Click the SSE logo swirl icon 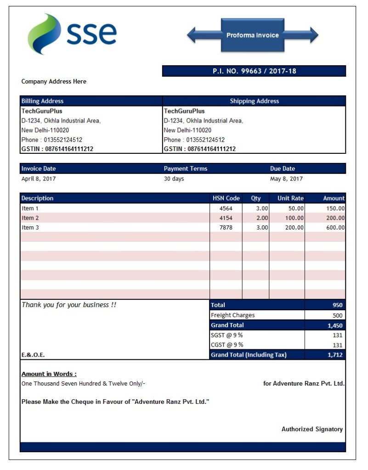pyautogui.click(x=44, y=34)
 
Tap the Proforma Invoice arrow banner pyautogui.click(x=252, y=35)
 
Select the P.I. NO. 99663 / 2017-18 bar pyautogui.click(x=254, y=71)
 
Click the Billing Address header pyautogui.click(x=43, y=101)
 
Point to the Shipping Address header pyautogui.click(x=254, y=101)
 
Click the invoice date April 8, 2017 pyautogui.click(x=39, y=179)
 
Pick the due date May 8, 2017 pyautogui.click(x=286, y=179)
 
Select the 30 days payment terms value pyautogui.click(x=174, y=179)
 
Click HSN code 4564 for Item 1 pyautogui.click(x=226, y=208)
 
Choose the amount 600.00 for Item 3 pyautogui.click(x=335, y=228)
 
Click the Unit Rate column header pyautogui.click(x=290, y=198)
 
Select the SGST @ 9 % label pyautogui.click(x=226, y=335)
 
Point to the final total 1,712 pyautogui.click(x=335, y=355)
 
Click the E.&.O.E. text pyautogui.click(x=33, y=355)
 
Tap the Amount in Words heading pyautogui.click(x=49, y=374)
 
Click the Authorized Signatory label pyautogui.click(x=312, y=429)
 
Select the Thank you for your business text pyautogui.click(x=69, y=305)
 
